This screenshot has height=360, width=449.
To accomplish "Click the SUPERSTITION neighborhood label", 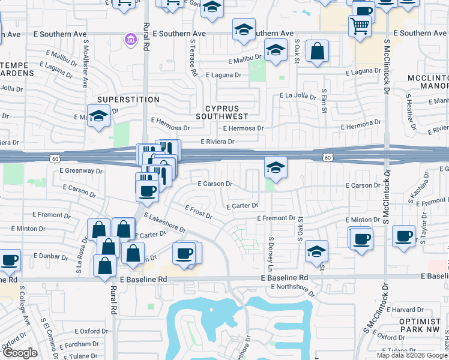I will click(128, 100).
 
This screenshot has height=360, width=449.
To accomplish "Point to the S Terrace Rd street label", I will click(193, 57).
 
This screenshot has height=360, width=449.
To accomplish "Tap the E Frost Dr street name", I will click(199, 212).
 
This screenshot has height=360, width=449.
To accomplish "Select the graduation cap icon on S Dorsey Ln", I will click(275, 167).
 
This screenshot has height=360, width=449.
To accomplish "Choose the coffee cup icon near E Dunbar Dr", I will click(10, 260).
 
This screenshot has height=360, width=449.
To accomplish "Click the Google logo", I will click(19, 353).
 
